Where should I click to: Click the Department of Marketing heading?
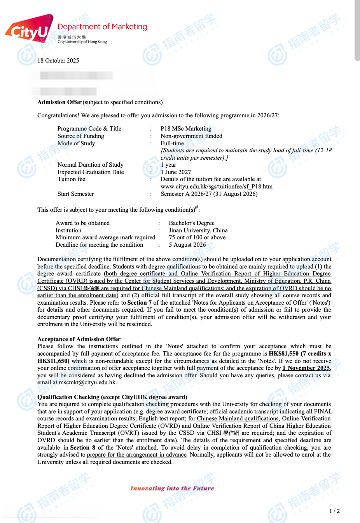[102, 27]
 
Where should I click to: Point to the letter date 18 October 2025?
[58, 61]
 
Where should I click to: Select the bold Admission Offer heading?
[59, 102]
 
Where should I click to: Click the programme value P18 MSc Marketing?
[186, 129]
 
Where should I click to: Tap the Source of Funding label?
[81, 136]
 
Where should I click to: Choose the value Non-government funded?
[191, 136]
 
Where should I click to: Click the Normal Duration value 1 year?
[168, 165]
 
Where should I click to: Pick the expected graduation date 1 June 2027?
[176, 172]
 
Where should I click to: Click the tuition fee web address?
[217, 187]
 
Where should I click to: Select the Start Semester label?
[76, 194]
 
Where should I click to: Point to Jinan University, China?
[198, 230]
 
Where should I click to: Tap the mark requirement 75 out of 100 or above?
[197, 237]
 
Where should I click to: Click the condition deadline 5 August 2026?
[187, 245]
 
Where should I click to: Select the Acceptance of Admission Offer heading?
[79, 339]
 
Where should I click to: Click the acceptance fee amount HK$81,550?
[284, 354]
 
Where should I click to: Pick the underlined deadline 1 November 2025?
[306, 368]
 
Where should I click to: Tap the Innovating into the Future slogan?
[172, 488]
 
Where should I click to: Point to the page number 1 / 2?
[334, 511]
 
